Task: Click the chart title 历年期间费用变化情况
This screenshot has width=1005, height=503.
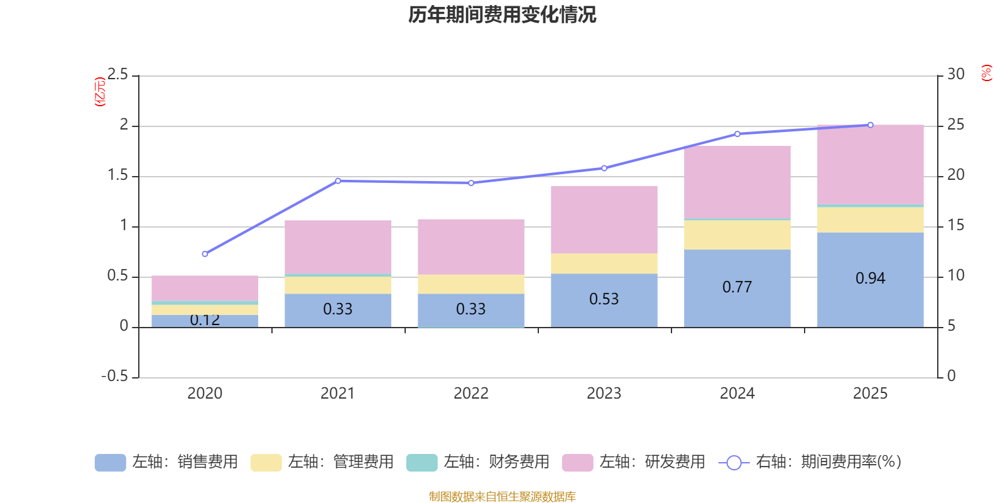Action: tap(502, 15)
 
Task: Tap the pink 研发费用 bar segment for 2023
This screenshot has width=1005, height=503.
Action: tap(604, 219)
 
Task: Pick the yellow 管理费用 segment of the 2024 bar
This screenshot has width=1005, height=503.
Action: tap(737, 235)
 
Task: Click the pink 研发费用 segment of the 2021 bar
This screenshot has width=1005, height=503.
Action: tap(337, 246)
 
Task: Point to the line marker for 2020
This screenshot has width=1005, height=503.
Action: tap(205, 254)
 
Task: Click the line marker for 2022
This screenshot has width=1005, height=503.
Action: tap(471, 183)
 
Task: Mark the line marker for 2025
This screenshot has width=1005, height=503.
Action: tap(870, 124)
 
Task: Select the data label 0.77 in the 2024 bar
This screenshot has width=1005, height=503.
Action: tap(737, 287)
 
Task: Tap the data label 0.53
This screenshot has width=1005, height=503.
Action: tap(604, 299)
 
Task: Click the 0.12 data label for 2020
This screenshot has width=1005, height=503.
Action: tap(205, 320)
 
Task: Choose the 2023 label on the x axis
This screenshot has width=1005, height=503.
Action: tap(604, 394)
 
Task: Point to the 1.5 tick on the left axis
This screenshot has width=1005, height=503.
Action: tap(117, 175)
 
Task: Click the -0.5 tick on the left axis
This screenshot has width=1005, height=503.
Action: tap(114, 376)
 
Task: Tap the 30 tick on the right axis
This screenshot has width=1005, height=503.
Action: tap(955, 75)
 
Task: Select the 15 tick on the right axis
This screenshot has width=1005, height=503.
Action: tap(955, 225)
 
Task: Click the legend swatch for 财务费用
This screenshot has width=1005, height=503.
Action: tap(421, 463)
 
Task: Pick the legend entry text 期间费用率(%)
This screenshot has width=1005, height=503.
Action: tap(828, 462)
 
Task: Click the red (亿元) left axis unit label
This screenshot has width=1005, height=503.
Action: tap(99, 92)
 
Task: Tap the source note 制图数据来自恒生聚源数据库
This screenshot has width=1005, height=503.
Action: tap(502, 497)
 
